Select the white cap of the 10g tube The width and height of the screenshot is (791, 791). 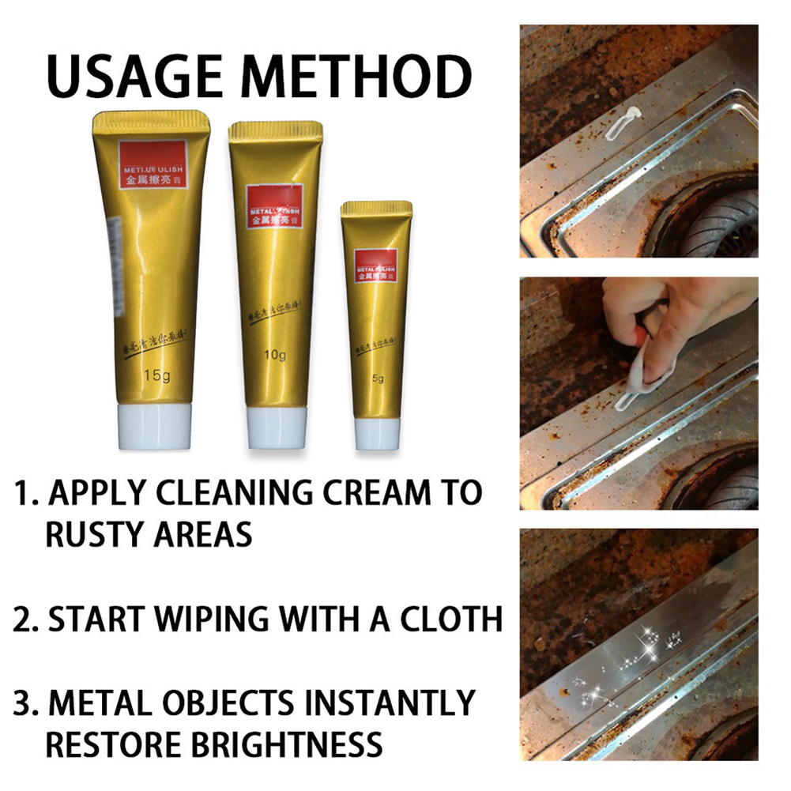click(x=276, y=428)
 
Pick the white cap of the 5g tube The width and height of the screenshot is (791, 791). click(x=377, y=433)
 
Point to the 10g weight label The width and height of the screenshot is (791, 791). click(x=276, y=355)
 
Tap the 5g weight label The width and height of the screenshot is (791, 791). click(x=378, y=379)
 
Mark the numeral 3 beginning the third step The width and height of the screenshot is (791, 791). click(x=24, y=702)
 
